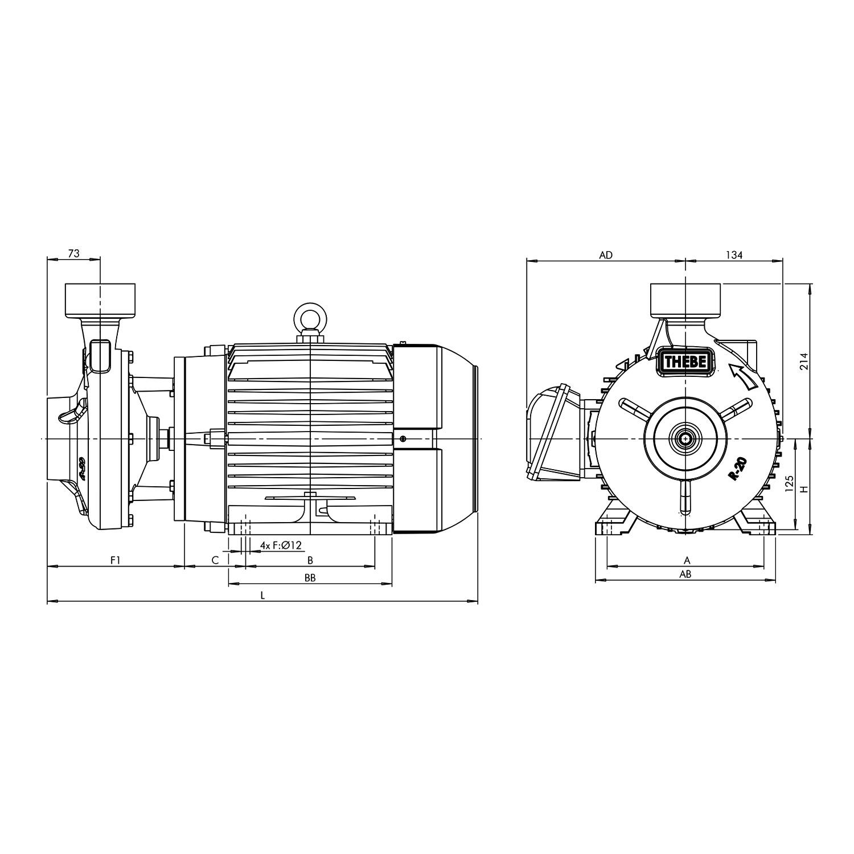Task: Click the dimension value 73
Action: click(x=73, y=254)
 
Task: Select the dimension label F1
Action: click(x=116, y=560)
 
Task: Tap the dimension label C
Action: click(x=215, y=560)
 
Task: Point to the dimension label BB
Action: click(x=310, y=578)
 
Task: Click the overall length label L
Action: click(x=262, y=596)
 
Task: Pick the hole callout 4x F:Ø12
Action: click(x=280, y=545)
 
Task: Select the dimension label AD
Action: click(x=606, y=255)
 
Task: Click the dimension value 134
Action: click(x=734, y=255)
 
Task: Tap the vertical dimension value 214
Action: click(x=804, y=361)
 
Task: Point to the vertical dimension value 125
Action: click(x=789, y=484)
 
